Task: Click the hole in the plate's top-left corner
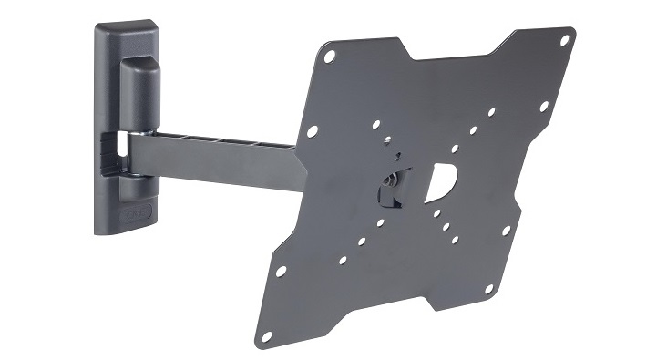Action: point(330,57)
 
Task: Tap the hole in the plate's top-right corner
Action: point(564,40)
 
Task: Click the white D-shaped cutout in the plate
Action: point(439,180)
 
